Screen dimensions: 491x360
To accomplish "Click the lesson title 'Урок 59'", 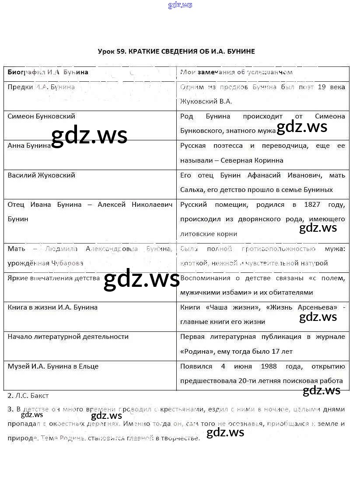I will tap(112, 52).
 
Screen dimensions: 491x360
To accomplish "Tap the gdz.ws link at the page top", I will tap(180, 5).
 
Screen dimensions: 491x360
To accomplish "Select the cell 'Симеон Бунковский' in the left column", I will tap(42, 116).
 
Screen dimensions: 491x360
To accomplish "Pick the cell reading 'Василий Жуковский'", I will tap(42, 175).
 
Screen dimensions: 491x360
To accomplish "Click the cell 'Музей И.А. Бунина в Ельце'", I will tap(53, 366).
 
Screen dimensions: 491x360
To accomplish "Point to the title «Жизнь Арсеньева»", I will tap(298, 307).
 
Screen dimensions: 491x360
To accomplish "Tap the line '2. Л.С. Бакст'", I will tap(28, 396).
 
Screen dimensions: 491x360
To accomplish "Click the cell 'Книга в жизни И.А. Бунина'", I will tap(52, 307).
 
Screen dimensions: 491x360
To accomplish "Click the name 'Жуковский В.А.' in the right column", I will tap(206, 101).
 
